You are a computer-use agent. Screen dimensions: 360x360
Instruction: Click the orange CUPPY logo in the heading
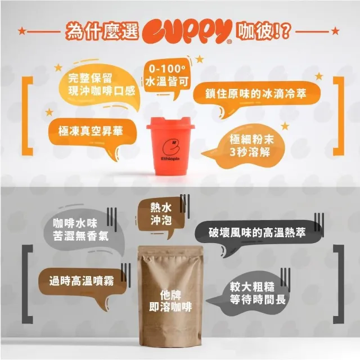(187, 31)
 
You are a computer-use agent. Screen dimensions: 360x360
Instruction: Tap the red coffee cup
(170, 146)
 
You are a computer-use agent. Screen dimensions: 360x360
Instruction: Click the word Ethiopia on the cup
(170, 159)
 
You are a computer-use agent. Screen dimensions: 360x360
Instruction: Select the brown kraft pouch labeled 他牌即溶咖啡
(170, 296)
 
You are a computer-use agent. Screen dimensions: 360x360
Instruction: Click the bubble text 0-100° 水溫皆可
(166, 75)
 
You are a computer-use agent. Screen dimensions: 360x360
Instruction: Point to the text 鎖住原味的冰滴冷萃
(256, 93)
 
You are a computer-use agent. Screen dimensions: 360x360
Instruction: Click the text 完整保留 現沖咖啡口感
(101, 85)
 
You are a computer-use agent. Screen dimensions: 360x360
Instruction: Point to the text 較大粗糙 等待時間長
(258, 294)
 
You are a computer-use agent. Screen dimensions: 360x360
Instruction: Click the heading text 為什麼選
(102, 31)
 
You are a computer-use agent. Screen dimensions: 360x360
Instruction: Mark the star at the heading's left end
(22, 31)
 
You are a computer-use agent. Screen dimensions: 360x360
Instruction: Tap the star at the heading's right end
(335, 31)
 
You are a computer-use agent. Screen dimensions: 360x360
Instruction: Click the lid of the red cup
(170, 123)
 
